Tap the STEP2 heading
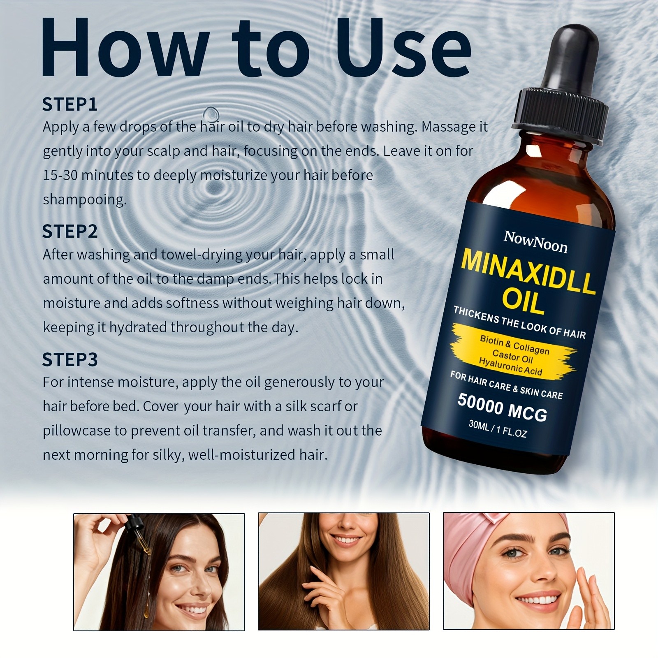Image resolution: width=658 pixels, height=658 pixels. tap(70, 232)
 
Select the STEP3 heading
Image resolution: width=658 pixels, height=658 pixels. tap(70, 360)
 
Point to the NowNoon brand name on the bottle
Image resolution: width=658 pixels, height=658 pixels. tap(535, 242)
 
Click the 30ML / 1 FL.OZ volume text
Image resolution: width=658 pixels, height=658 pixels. tap(498, 429)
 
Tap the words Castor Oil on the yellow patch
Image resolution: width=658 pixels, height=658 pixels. tap(512, 356)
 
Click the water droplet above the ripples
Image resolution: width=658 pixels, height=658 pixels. tap(211, 113)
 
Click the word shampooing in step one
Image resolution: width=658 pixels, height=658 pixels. tap(84, 200)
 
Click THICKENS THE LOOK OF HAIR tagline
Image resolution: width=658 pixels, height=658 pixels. tap(519, 322)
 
